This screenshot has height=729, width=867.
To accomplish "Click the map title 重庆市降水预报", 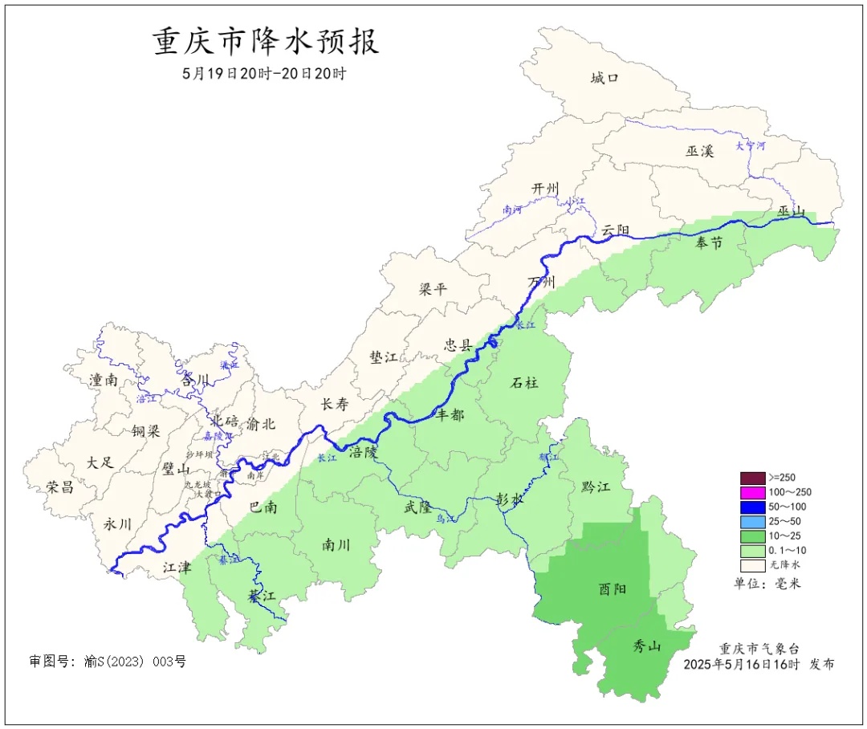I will tap(265, 42).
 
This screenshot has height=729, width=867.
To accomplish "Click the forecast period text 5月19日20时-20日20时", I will tap(264, 73).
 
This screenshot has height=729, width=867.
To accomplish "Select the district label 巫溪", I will tap(699, 150).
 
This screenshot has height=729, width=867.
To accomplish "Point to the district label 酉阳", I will tap(613, 588).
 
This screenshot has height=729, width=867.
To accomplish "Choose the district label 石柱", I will tap(525, 383).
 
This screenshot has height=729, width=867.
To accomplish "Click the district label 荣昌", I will tap(59, 487).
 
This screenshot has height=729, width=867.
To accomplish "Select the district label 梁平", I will tap(433, 289).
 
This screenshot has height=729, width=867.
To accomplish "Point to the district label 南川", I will tap(336, 545).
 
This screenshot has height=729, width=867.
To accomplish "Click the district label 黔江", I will tap(595, 487).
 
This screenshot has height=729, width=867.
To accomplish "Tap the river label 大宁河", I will tap(751, 146).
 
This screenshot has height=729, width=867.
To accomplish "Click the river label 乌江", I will tap(446, 519).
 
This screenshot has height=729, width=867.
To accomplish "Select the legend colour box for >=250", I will tap(752, 478).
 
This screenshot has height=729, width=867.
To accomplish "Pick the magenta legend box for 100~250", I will tap(752, 492).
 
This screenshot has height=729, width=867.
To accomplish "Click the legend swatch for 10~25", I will tap(752, 536).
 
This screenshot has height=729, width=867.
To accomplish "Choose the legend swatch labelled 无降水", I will tap(752, 564).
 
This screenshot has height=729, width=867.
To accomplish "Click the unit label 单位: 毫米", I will tap(767, 583).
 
